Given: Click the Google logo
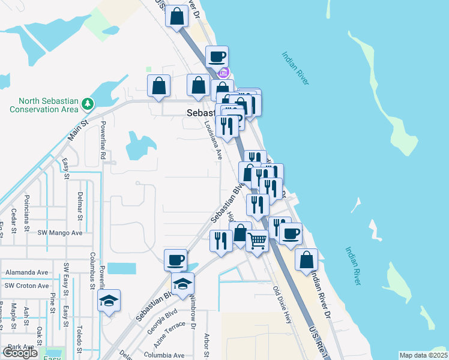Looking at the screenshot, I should pos(20,353).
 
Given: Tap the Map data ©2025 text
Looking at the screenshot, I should pos(423,355).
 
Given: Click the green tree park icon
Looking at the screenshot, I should pos(88,104).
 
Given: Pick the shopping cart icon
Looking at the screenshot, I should pos(258,241).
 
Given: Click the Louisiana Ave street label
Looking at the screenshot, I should pos(212,139).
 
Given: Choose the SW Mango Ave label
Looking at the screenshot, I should pos(60,232).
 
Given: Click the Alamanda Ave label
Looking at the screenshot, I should pos(26,272).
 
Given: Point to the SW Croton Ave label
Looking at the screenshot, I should pos(26,286).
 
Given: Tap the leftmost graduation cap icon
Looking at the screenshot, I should pos(109,301).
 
